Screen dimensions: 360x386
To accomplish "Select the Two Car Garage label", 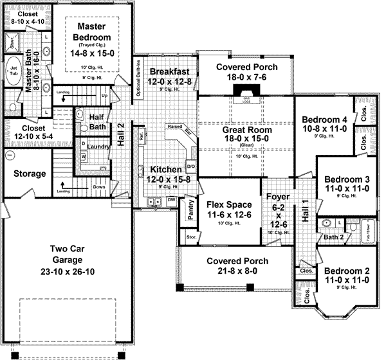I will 68,255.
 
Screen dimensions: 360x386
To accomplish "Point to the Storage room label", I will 30,174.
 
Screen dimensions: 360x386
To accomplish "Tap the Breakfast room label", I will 169,71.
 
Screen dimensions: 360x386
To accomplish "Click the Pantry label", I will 190,211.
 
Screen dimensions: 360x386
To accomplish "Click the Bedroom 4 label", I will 325,120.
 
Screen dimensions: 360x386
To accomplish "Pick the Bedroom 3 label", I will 347,179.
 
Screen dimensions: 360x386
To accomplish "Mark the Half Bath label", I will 98,122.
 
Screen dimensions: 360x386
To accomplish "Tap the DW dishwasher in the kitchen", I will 172,200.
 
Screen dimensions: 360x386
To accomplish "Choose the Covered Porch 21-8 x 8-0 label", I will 237,266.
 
